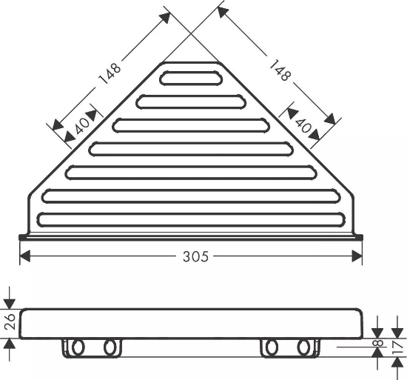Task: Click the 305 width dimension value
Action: (195, 256)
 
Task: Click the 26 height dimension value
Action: (10, 321)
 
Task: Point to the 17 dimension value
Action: (397, 348)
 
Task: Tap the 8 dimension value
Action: (379, 343)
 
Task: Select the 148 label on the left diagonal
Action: (110, 73)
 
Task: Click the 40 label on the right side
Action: (303, 125)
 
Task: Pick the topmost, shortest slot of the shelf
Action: (191, 79)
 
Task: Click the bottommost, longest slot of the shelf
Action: (192, 220)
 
